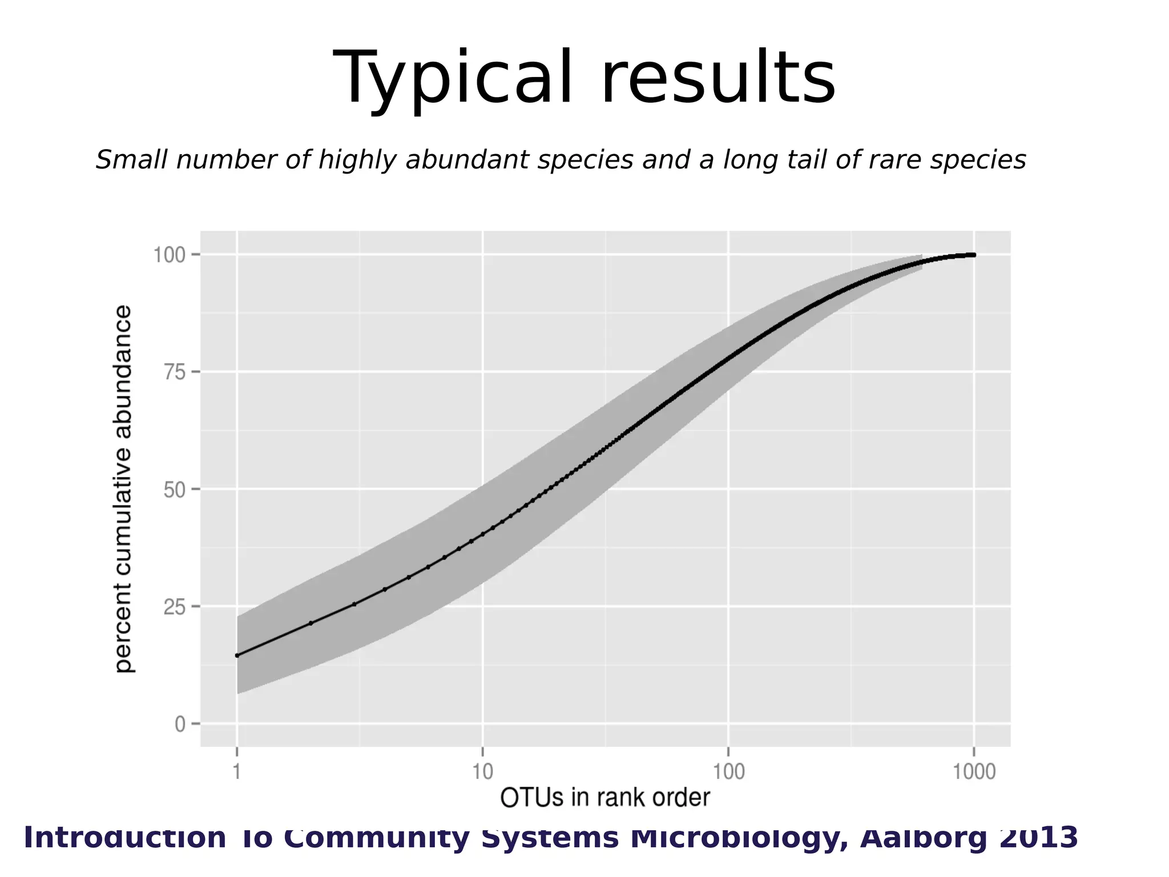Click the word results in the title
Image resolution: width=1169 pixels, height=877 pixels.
(x=717, y=78)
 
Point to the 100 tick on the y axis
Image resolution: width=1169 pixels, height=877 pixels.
(x=170, y=255)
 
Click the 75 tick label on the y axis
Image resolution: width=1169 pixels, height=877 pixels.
(x=175, y=372)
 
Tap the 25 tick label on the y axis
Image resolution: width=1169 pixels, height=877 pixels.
(x=175, y=607)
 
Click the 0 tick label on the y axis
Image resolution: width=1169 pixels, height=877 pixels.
(x=180, y=725)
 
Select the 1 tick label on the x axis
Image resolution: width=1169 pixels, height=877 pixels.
(x=237, y=772)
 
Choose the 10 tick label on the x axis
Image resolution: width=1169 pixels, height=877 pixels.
(x=482, y=772)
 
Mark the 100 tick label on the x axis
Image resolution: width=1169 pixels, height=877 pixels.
(x=728, y=772)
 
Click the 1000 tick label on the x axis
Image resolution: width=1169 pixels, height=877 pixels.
(x=974, y=772)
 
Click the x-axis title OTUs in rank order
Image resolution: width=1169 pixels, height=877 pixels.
(x=604, y=798)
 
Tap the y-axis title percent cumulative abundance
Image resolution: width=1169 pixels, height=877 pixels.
(x=123, y=489)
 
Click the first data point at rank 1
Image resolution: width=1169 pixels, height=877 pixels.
(x=237, y=655)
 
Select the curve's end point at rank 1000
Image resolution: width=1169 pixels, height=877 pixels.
(x=973, y=255)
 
